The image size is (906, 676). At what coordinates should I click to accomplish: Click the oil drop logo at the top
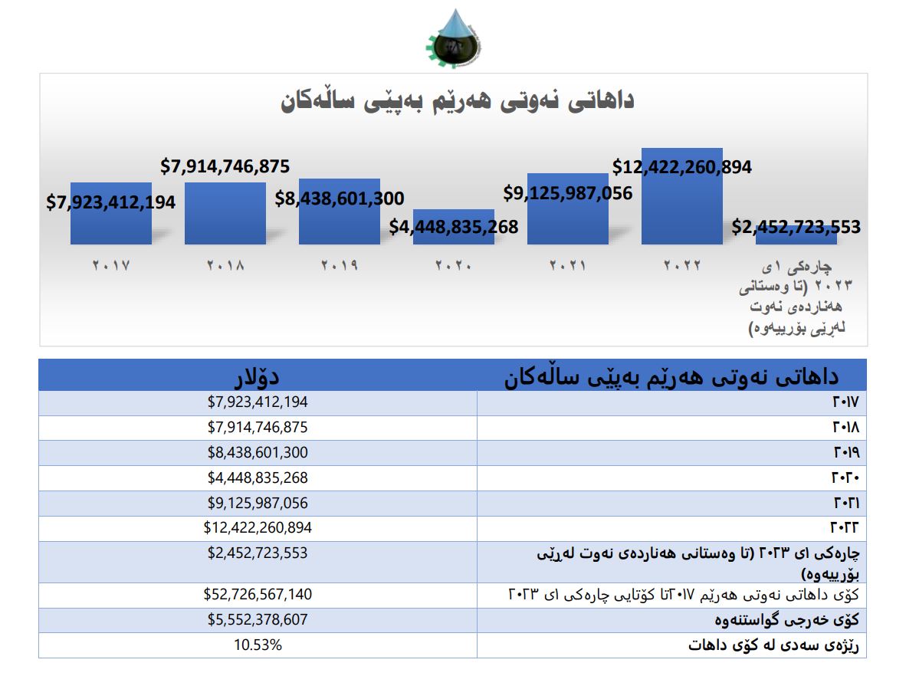(452, 39)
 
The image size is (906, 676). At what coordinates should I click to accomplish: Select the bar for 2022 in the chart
(681, 207)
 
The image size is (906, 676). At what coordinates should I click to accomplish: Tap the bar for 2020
(454, 218)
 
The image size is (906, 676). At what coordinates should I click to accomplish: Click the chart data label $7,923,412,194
(111, 203)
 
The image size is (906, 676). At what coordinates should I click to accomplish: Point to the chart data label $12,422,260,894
(682, 166)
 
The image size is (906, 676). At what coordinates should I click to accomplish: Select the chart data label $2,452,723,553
(796, 227)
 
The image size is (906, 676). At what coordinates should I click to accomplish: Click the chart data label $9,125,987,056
(568, 193)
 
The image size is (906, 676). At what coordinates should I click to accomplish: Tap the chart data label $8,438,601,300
(340, 199)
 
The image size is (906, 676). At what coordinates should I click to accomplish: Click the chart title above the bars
(458, 101)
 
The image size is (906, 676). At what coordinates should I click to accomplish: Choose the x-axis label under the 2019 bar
(340, 266)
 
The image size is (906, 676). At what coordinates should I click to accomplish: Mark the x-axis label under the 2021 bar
(568, 266)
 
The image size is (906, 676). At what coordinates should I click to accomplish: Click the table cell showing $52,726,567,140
(258, 595)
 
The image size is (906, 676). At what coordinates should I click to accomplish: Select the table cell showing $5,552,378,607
(258, 620)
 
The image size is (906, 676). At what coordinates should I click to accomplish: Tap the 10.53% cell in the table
(258, 645)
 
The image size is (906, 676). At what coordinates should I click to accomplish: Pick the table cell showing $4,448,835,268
(258, 477)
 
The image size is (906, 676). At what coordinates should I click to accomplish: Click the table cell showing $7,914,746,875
(258, 427)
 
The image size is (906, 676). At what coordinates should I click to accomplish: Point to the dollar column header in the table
(258, 376)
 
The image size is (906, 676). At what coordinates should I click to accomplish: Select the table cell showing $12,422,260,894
(258, 528)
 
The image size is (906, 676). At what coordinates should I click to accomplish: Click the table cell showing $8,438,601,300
(258, 452)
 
